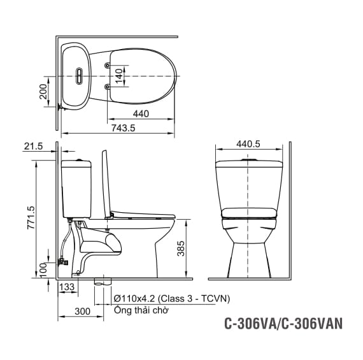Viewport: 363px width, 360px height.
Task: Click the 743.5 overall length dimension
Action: pos(123,128)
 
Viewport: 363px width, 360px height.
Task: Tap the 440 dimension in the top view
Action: pos(141,114)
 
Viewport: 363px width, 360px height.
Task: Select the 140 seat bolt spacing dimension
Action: pos(119,76)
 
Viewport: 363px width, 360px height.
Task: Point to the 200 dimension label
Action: pos(43,92)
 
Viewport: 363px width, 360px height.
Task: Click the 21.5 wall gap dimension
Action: pos(33,146)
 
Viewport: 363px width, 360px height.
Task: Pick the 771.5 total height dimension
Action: pos(31,218)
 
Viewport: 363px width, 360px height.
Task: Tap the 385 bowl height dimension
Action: pos(181,248)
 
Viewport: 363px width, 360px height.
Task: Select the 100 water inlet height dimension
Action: pos(43,270)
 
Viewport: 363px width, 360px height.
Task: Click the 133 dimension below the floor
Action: pos(67,287)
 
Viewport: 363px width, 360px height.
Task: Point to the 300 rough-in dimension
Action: pos(82,312)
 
